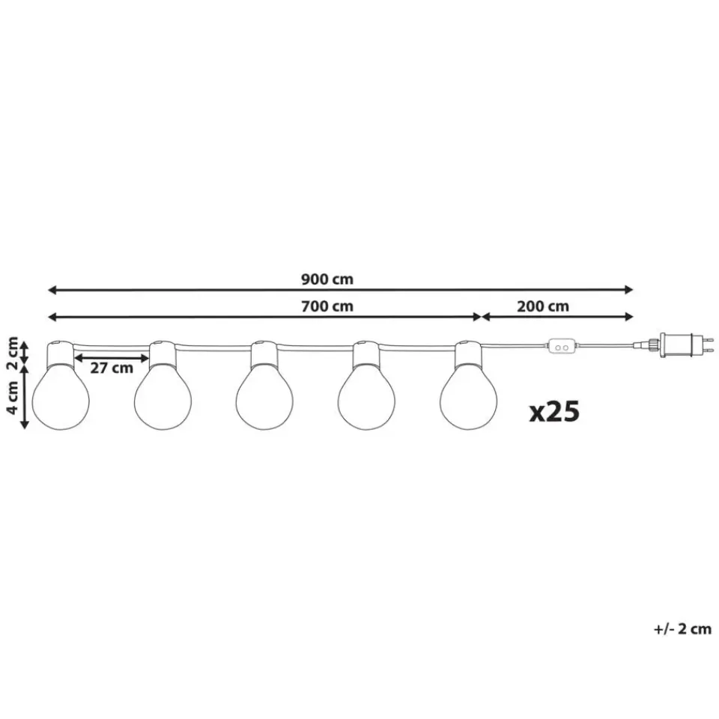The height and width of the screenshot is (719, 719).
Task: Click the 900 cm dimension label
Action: pyautogui.click(x=327, y=279)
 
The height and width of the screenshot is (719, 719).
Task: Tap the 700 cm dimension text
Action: pyautogui.click(x=327, y=306)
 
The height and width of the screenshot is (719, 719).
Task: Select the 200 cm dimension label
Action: pyautogui.click(x=543, y=306)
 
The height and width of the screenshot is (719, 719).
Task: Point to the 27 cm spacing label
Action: pyautogui.click(x=112, y=368)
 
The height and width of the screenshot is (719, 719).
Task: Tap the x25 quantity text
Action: pyautogui.click(x=554, y=410)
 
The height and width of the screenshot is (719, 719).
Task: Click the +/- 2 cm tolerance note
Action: pyautogui.click(x=682, y=629)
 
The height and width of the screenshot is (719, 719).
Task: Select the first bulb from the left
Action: pyautogui.click(x=61, y=397)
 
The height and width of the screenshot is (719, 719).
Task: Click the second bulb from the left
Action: pyautogui.click(x=163, y=397)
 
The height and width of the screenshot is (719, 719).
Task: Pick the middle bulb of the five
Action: pyautogui.click(x=264, y=397)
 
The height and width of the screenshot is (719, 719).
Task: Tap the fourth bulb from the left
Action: pyautogui.click(x=366, y=397)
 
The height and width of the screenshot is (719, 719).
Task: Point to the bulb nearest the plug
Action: pyautogui.click(x=468, y=397)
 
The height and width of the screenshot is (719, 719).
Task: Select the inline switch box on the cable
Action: pyautogui.click(x=562, y=347)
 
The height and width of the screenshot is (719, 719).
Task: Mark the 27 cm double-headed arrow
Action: pyautogui.click(x=112, y=358)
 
